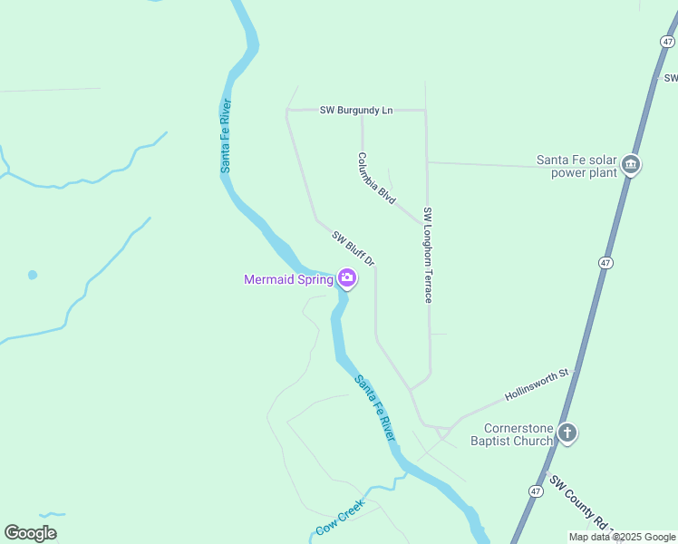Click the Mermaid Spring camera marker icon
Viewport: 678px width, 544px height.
point(346,277)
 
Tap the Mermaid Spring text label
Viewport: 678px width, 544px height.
point(288,279)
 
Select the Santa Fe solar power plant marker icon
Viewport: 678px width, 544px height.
point(632,165)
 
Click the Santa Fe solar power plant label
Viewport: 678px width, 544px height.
point(576,166)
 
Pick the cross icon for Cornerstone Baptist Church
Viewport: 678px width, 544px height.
point(567,432)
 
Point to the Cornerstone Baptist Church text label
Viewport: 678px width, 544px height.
point(518,434)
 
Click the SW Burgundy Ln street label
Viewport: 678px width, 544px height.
point(356,110)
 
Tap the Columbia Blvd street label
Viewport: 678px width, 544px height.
point(376,177)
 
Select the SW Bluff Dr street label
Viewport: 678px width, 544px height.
point(354,248)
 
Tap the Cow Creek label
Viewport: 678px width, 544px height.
point(340,517)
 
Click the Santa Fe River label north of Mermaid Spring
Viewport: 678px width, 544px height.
point(227,135)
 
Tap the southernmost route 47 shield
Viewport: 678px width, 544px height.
point(536,491)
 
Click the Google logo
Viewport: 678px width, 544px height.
point(30,533)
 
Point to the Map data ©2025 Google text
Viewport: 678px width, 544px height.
point(622,537)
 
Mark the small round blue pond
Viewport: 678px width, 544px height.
point(33,275)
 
